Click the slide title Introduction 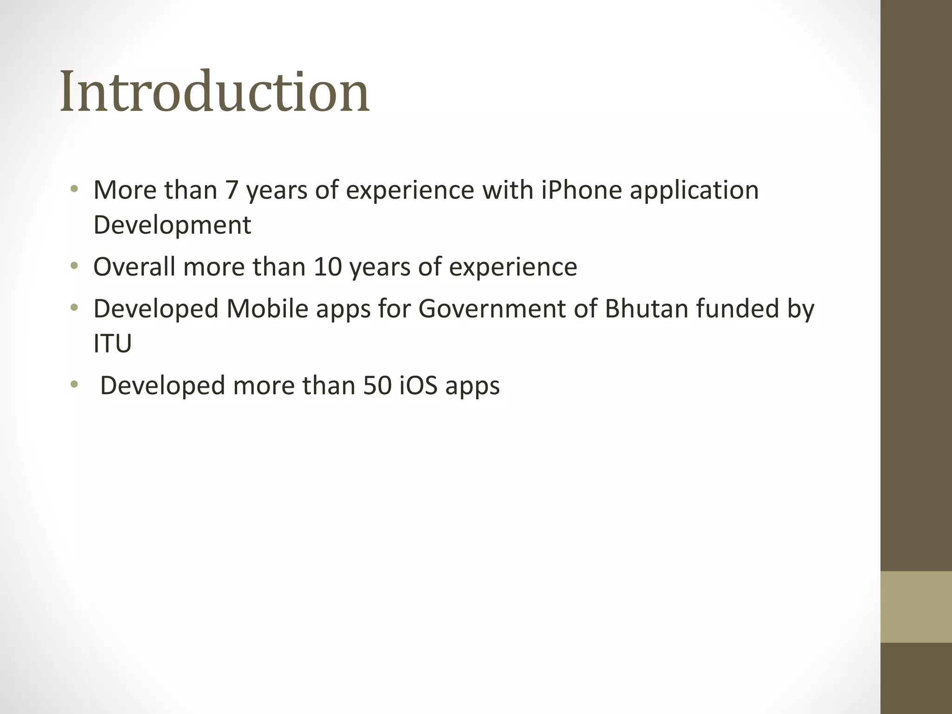[215, 92]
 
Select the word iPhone [582, 190]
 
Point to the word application [694, 191]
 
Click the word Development [172, 225]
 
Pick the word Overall [134, 267]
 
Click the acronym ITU [112, 344]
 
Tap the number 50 [377, 385]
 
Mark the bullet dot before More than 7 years [73, 190]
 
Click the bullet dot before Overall [73, 266]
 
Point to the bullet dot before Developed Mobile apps [73, 308]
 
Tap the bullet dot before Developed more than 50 [73, 385]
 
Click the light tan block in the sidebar [916, 607]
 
